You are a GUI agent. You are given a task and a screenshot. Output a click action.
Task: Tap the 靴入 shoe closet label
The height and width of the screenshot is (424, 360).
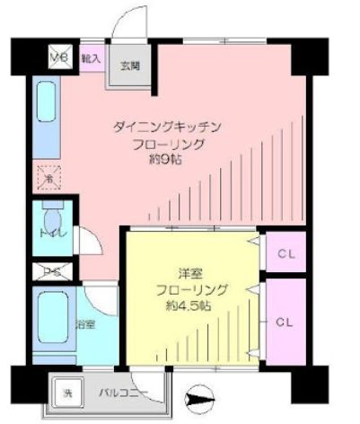(x=90, y=57)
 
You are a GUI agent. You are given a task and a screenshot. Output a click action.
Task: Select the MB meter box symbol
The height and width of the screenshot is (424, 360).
(x=59, y=57)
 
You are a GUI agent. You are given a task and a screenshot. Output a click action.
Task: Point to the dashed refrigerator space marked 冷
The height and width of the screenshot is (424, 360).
(x=48, y=177)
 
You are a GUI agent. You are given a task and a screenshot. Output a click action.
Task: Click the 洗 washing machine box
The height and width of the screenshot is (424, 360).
(x=65, y=391)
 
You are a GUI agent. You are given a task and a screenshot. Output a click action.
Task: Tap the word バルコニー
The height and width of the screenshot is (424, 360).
(x=118, y=392)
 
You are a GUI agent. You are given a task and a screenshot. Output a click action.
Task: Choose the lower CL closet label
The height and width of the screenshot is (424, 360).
(x=285, y=321)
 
